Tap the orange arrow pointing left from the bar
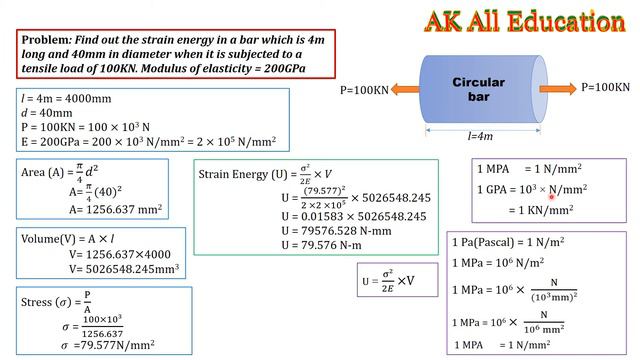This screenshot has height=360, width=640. tap(405, 90)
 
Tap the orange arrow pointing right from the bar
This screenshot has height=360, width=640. tap(560, 89)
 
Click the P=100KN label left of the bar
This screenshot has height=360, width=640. tap(364, 90)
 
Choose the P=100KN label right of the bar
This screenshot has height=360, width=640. tap(605, 88)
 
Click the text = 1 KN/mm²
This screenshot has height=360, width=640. tap(540, 210)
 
